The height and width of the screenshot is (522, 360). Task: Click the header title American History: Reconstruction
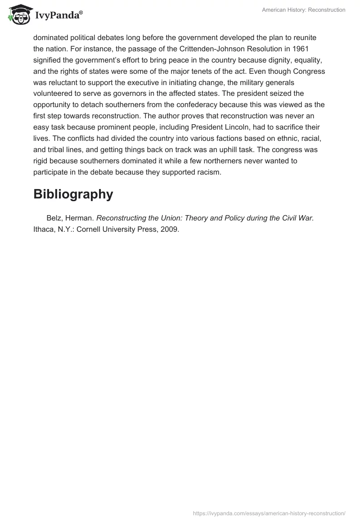pyautogui.click(x=304, y=10)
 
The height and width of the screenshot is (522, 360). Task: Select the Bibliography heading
pyautogui.click(x=73, y=194)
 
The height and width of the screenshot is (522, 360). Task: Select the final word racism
pyautogui.click(x=208, y=172)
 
